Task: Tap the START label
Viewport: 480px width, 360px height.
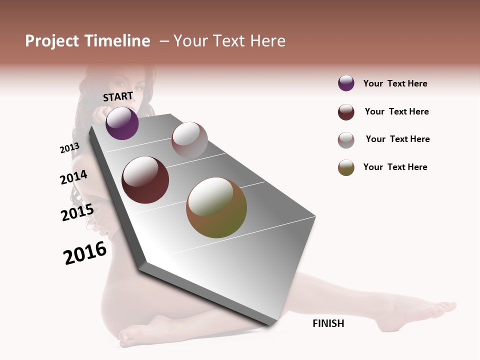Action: [x=118, y=96]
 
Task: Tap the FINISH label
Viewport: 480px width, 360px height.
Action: [x=328, y=323]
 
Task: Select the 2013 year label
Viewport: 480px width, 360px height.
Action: [x=69, y=148]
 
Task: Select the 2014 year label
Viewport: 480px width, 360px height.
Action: [x=73, y=177]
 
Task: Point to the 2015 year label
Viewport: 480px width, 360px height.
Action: [x=77, y=212]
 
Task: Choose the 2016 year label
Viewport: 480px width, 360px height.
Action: [x=85, y=253]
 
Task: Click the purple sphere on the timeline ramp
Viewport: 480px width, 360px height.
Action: [x=122, y=123]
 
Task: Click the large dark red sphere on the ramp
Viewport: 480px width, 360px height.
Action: [x=145, y=180]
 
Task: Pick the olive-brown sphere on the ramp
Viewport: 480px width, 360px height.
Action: [x=216, y=207]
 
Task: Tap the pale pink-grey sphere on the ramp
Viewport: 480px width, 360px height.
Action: [x=189, y=139]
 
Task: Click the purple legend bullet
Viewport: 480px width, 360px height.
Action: [x=346, y=83]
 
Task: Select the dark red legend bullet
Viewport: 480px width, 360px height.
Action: [x=346, y=112]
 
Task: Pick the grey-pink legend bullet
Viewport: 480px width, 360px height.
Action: [x=346, y=140]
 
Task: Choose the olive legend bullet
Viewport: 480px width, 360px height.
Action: [x=346, y=167]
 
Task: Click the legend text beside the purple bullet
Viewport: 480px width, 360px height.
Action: [x=395, y=83]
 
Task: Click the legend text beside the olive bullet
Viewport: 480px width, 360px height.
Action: [x=395, y=167]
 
